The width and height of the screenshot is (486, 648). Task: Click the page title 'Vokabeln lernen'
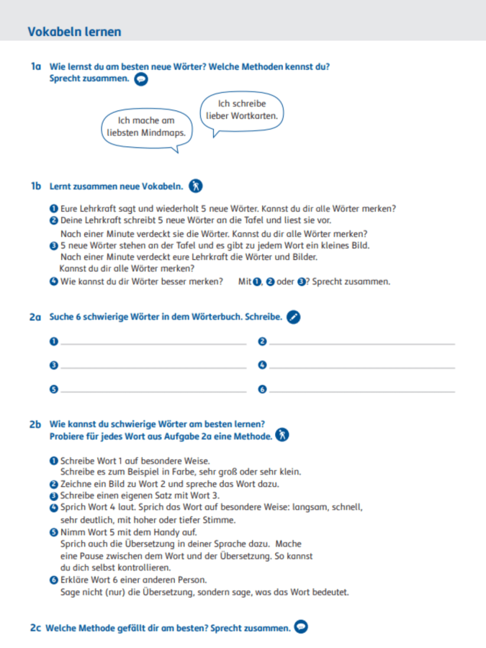point(74,32)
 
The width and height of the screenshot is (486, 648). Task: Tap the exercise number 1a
point(36,67)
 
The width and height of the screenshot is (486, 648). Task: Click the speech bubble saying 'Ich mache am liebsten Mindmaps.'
point(146,127)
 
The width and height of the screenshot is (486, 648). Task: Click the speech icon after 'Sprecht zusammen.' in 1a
point(141,79)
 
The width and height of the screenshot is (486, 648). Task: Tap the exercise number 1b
point(36,186)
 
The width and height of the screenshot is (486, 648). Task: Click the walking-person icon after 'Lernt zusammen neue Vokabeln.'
point(196,186)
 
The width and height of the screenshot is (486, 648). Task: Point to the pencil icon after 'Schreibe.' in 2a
point(292,317)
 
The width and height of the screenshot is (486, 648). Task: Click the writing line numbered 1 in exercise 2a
point(153,343)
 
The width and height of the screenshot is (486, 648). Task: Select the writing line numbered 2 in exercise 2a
point(361,343)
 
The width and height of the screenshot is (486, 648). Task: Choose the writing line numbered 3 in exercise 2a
point(153,366)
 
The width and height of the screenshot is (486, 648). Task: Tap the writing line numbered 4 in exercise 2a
point(361,366)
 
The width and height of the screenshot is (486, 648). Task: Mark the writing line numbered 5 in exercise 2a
point(153,390)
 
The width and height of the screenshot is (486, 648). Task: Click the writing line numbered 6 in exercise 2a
point(361,390)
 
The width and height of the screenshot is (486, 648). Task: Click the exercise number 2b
point(36,425)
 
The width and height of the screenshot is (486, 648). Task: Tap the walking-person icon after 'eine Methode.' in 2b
point(283,436)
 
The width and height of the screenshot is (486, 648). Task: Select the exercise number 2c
point(36,628)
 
